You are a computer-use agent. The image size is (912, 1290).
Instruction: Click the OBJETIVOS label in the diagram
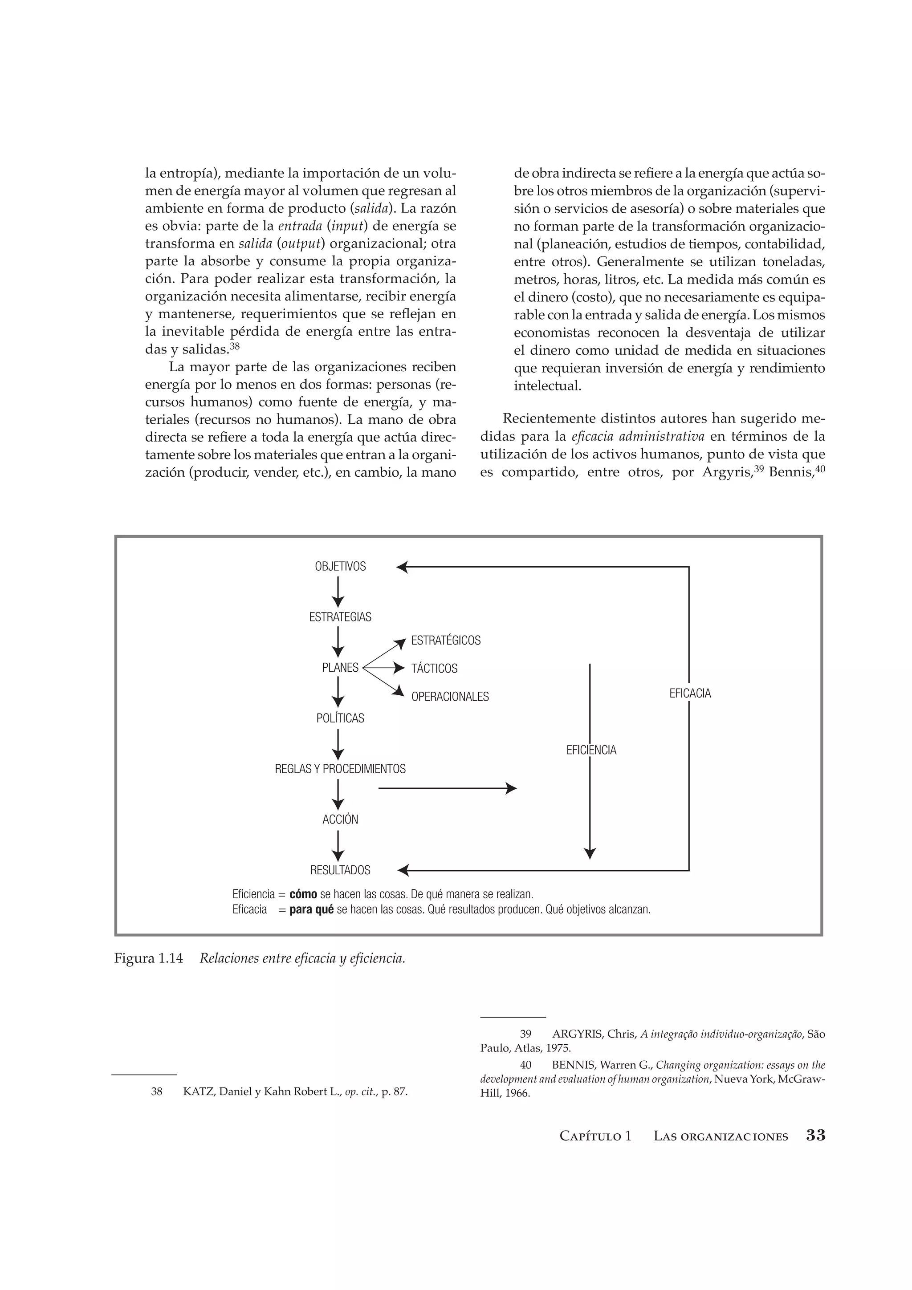point(340,566)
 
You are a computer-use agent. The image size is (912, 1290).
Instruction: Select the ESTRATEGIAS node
point(340,617)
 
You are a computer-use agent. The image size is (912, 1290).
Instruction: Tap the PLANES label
point(340,667)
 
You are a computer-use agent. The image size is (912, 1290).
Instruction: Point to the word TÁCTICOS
point(434,669)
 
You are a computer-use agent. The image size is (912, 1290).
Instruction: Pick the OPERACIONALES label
point(450,697)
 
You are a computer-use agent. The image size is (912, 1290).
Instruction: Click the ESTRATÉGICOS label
point(446,641)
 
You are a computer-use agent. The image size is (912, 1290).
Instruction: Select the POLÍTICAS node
point(340,718)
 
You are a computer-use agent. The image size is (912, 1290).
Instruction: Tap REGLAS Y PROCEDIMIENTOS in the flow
point(340,769)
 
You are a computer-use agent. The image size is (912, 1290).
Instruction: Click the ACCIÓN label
point(340,819)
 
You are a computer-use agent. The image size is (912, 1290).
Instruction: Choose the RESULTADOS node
point(340,870)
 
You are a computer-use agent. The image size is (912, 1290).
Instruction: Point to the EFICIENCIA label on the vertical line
point(591,750)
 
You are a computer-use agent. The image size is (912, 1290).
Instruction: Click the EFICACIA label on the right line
point(690,694)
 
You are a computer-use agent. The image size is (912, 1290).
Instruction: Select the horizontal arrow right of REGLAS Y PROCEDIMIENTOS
point(447,788)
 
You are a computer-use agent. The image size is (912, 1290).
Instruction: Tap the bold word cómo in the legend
point(303,894)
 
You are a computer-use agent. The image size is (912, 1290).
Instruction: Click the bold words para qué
point(311,909)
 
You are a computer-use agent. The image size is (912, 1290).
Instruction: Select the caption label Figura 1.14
point(148,958)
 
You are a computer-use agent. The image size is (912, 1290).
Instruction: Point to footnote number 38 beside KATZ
point(157,1091)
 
